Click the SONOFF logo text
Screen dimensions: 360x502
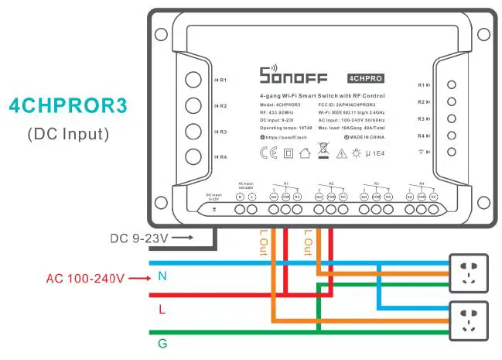(x=293, y=77)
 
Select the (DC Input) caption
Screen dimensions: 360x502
(x=68, y=133)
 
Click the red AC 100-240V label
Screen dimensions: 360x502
(x=85, y=276)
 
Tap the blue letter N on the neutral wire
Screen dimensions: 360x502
(x=161, y=276)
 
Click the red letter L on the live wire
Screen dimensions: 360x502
(x=161, y=308)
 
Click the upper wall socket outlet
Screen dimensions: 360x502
(x=469, y=273)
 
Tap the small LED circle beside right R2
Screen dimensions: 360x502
(x=452, y=102)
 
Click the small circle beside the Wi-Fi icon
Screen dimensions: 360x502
(x=452, y=152)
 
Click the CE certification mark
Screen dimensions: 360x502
(x=268, y=153)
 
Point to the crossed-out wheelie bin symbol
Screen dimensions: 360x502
(x=323, y=151)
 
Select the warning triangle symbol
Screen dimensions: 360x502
(x=342, y=153)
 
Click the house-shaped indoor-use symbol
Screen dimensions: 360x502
(x=305, y=153)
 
